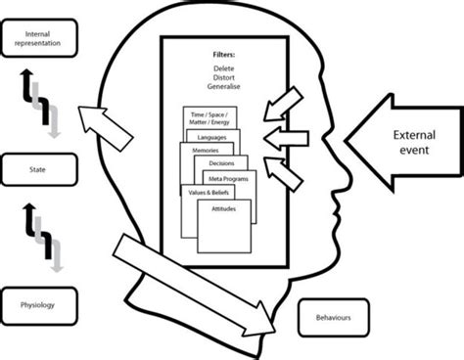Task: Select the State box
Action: (35, 168)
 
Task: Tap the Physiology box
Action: (35, 305)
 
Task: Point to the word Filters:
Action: (223, 55)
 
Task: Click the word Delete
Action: (223, 70)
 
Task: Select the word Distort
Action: (223, 79)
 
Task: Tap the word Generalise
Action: (223, 89)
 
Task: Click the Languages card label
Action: (211, 138)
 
